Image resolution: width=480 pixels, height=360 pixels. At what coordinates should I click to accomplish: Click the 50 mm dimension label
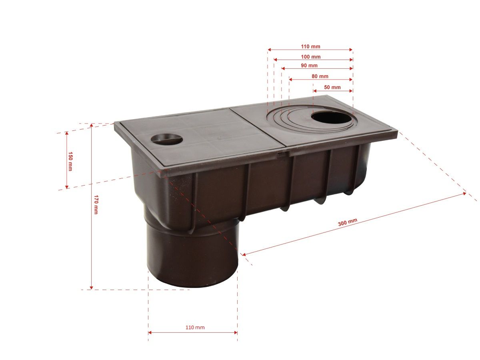point(332,88)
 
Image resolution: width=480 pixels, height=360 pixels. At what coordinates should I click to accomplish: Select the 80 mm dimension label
point(320,76)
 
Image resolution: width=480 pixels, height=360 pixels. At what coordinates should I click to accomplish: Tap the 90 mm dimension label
point(309,66)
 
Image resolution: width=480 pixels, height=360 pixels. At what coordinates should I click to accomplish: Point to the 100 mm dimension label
point(310,57)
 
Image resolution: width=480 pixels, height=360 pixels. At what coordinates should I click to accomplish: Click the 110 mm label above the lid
point(310,46)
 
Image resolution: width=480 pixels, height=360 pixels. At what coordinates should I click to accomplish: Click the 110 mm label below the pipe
point(195,328)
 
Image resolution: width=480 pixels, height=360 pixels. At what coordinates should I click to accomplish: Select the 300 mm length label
point(348,222)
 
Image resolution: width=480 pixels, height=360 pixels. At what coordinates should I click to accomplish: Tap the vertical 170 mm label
point(96,204)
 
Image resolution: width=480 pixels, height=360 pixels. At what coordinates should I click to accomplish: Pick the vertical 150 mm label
point(70,161)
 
